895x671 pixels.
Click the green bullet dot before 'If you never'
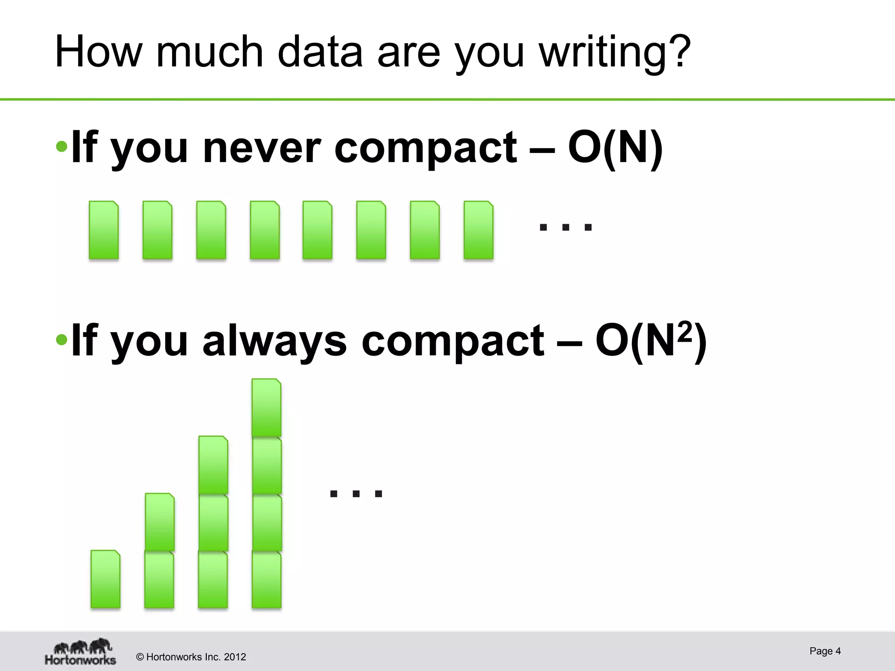62,146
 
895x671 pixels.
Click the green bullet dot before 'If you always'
62,339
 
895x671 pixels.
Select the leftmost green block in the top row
104,230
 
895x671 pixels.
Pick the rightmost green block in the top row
479,230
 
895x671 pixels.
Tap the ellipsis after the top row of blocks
565,227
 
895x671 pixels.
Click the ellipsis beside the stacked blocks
356,494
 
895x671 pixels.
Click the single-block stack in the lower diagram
105,579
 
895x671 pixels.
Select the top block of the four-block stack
266,408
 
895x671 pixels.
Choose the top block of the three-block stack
213,465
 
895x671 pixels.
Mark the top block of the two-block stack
160,522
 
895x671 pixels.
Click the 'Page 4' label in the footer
825,651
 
